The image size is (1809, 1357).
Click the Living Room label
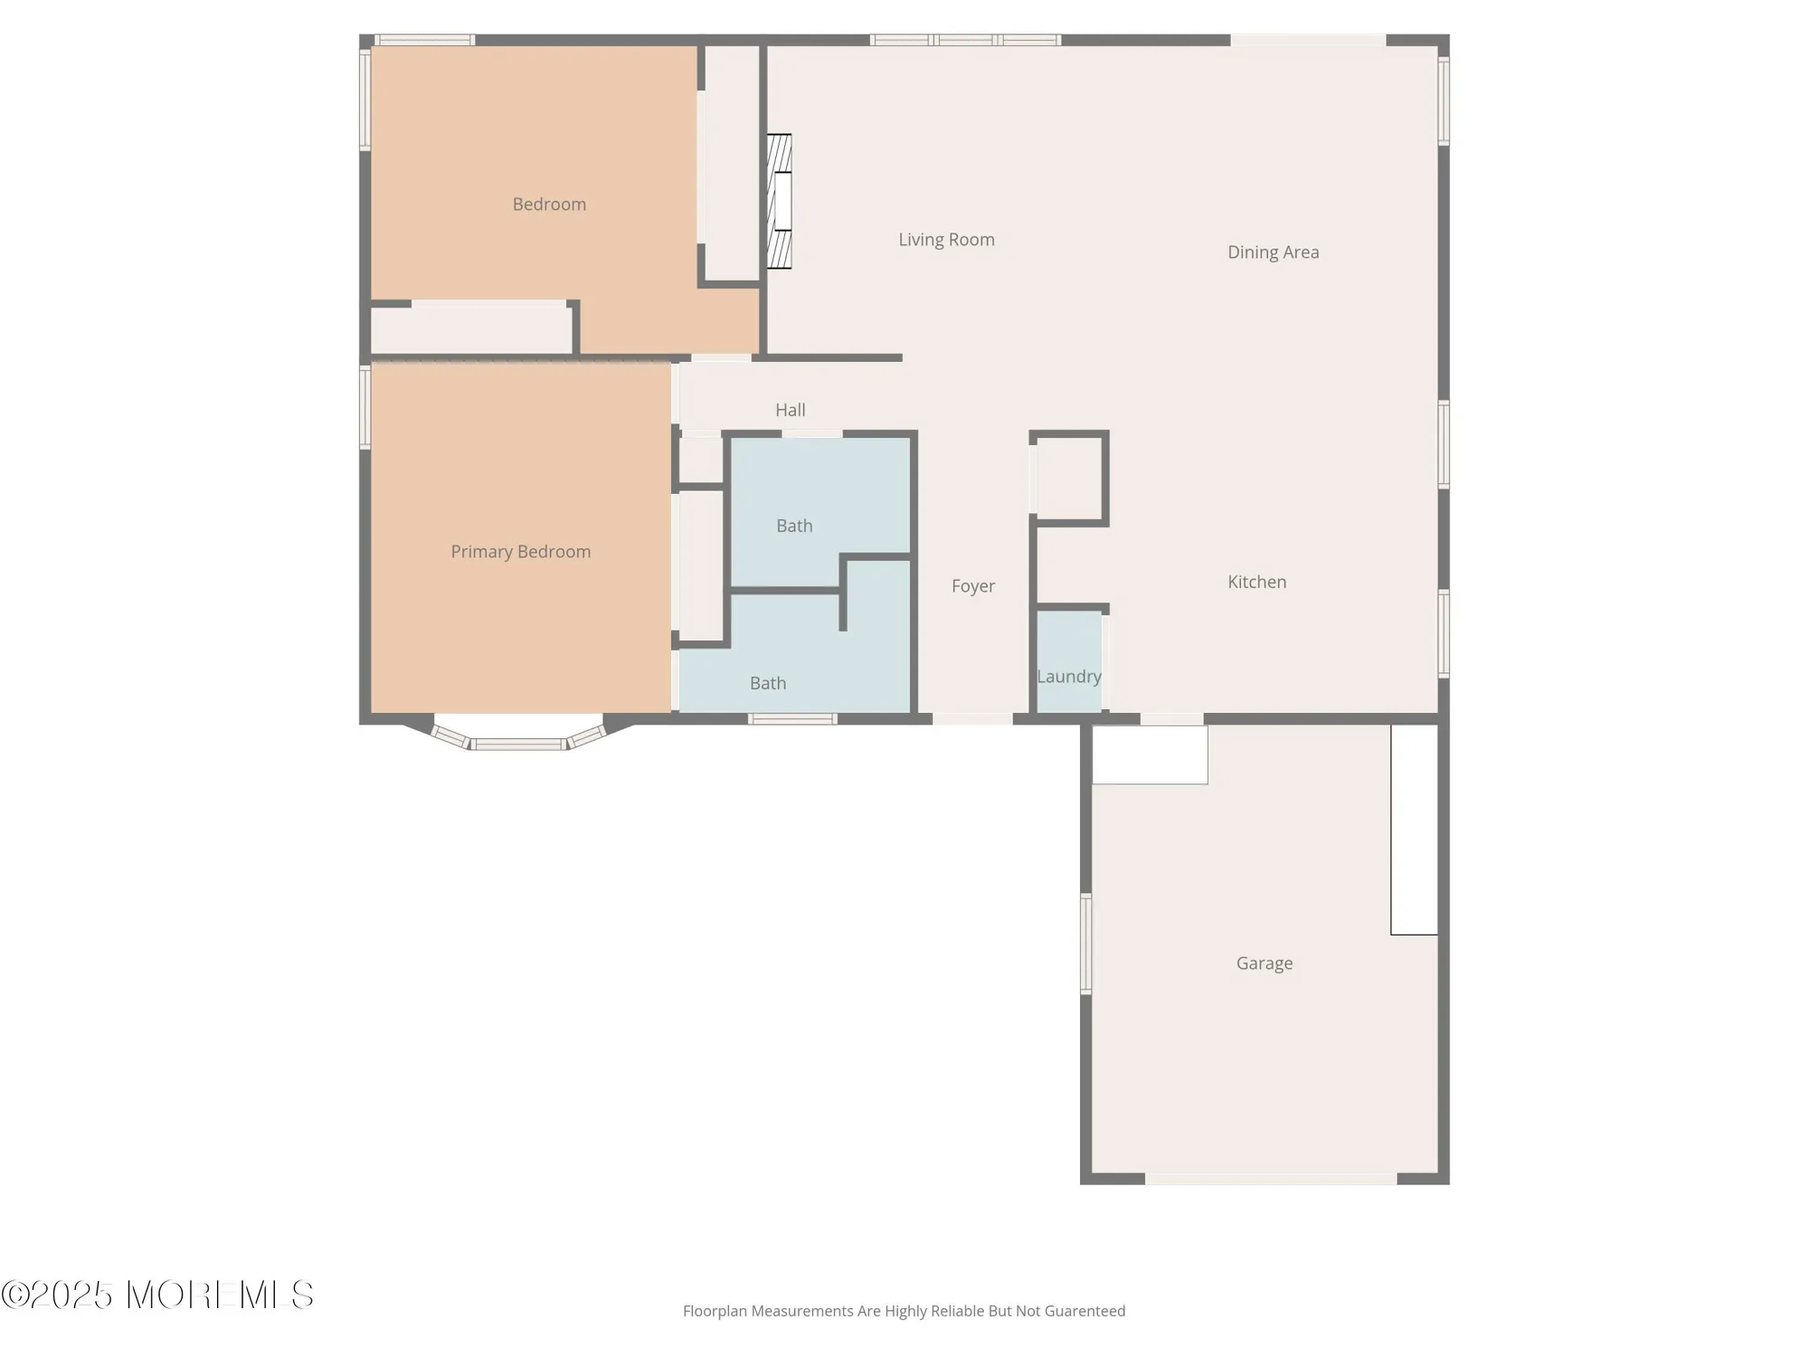click(946, 240)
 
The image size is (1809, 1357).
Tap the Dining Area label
click(1273, 252)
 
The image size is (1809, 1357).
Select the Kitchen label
click(1256, 582)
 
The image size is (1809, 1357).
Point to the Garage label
click(1264, 963)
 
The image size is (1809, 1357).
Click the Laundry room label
click(1068, 677)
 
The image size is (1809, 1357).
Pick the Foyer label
click(972, 586)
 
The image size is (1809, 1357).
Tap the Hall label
click(790, 410)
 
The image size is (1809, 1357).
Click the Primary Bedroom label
click(520, 552)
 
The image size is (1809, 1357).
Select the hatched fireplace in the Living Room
click(780, 201)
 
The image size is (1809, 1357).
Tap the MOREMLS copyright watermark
click(157, 1295)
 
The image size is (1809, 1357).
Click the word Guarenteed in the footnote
click(1084, 1311)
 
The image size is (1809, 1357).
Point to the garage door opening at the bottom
click(1271, 1179)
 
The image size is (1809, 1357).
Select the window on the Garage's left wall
click(1085, 944)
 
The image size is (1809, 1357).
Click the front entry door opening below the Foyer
click(972, 719)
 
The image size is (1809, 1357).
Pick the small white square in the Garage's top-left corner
click(1150, 754)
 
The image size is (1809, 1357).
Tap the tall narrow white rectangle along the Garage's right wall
click(1414, 830)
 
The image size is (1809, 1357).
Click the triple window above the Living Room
click(965, 40)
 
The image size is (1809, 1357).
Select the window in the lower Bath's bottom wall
click(792, 719)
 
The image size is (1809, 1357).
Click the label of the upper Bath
click(794, 526)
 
